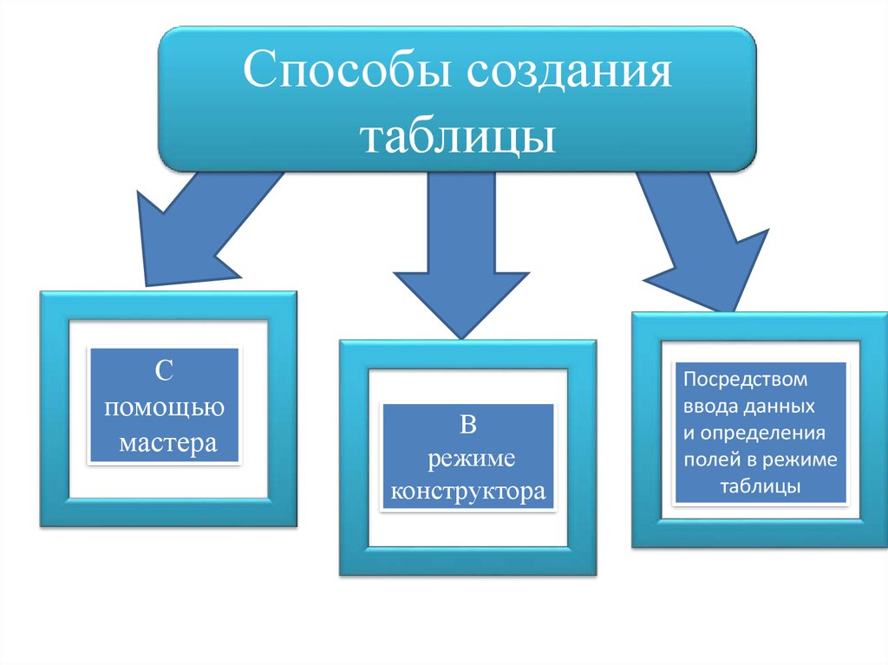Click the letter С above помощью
pyautogui.click(x=166, y=370)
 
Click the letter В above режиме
pyautogui.click(x=468, y=424)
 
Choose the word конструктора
pyautogui.click(x=468, y=492)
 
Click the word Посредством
pyautogui.click(x=746, y=380)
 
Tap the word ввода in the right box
pyautogui.click(x=710, y=406)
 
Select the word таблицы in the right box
pyautogui.click(x=759, y=486)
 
